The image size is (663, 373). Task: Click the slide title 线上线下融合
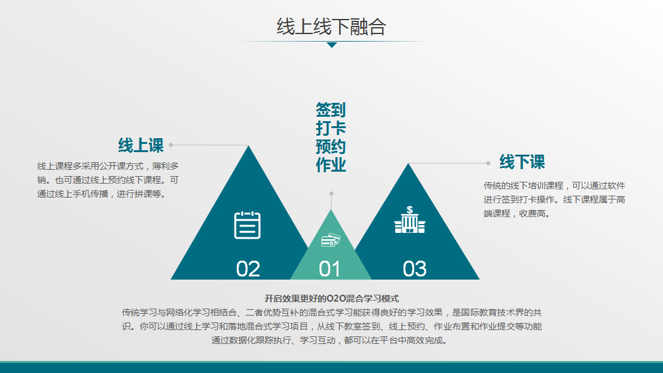(331, 27)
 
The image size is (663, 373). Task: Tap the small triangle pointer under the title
(332, 45)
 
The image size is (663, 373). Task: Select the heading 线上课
(141, 145)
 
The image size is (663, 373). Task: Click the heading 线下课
(522, 162)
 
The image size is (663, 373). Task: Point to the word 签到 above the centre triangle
(331, 110)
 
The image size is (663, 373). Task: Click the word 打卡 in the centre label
(331, 128)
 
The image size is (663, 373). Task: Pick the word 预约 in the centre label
(331, 146)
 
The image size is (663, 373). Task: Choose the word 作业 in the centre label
(331, 165)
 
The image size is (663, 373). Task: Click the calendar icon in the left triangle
(248, 225)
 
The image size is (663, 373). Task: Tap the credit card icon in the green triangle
(331, 240)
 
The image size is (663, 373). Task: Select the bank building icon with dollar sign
(410, 219)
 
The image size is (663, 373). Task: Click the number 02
(248, 269)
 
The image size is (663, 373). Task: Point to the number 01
(330, 269)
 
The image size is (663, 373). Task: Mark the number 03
(414, 269)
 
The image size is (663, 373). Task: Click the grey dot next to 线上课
(171, 145)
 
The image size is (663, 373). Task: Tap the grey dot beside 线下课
(488, 163)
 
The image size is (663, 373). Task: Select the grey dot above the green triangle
(331, 194)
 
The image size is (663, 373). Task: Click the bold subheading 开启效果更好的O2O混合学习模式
(331, 299)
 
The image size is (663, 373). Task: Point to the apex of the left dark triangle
(249, 146)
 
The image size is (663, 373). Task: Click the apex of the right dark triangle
(409, 164)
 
